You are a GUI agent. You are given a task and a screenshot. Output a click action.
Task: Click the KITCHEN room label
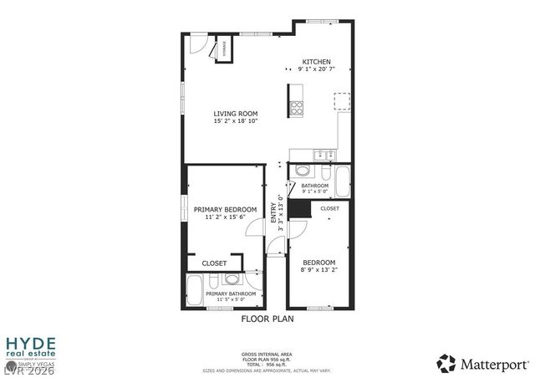(317, 62)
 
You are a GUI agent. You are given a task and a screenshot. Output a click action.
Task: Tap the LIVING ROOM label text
(235, 114)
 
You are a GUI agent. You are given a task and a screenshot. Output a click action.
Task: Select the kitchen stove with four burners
(296, 108)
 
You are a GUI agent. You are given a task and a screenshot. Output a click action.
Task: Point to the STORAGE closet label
(224, 49)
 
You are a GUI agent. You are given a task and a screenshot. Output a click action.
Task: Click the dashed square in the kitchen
(341, 101)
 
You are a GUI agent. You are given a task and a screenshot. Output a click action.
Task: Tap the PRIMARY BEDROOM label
(225, 209)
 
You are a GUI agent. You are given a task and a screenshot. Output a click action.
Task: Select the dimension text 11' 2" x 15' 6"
(225, 217)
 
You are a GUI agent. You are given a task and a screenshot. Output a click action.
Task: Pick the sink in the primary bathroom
(232, 279)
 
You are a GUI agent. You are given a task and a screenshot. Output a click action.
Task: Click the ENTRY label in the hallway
(273, 213)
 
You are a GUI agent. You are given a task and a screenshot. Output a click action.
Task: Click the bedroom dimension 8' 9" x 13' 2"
(318, 270)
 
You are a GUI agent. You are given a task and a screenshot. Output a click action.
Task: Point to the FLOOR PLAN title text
(267, 319)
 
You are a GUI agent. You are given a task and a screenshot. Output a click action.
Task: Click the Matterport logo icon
(447, 364)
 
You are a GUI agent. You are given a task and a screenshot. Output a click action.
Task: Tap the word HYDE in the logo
(31, 343)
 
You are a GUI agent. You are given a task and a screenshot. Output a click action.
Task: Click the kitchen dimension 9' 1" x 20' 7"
(317, 69)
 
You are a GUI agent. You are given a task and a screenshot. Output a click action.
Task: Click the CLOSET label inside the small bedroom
(329, 208)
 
